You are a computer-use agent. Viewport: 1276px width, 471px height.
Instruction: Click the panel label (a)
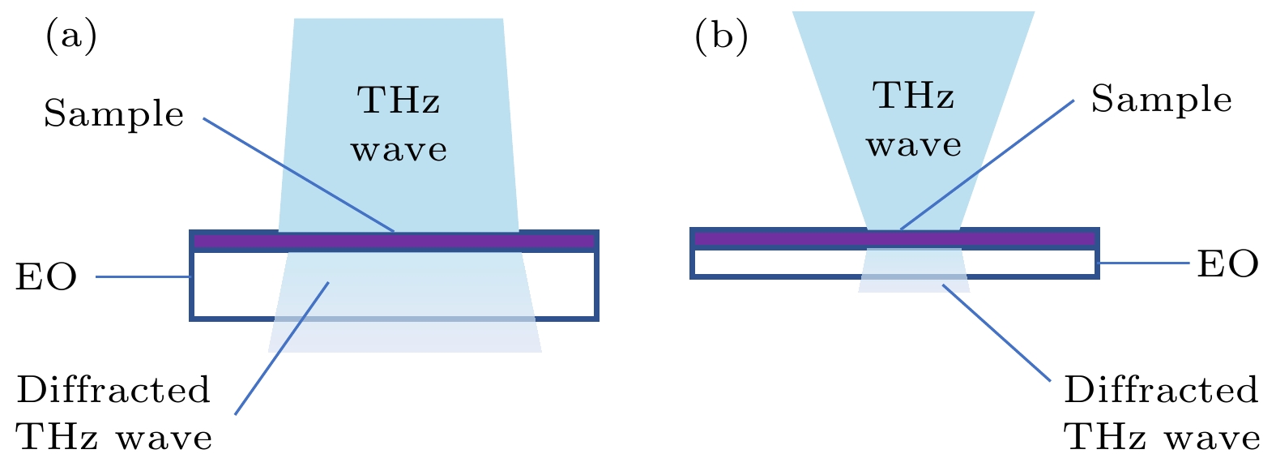coord(71,38)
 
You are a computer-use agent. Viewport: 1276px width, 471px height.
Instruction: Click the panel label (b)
coord(721,38)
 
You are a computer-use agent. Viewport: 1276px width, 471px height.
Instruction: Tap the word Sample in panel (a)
coord(114,114)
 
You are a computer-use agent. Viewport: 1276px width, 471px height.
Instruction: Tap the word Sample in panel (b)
coord(1161,100)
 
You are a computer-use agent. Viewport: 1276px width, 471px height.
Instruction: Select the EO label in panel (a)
coord(46,278)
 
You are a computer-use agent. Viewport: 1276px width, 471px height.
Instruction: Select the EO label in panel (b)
coord(1228,264)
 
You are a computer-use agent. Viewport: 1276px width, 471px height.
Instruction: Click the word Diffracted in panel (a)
coord(113,390)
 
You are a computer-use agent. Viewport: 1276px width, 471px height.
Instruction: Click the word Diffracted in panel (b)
coord(1161,390)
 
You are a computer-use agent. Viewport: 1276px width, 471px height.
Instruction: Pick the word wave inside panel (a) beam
coord(399,150)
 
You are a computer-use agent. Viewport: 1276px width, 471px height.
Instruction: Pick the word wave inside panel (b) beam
coord(913,145)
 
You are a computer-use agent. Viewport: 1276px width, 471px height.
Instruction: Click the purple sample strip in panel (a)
coord(395,242)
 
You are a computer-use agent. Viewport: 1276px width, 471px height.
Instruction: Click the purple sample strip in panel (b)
coord(894,239)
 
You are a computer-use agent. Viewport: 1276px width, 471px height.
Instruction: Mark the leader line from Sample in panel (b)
coord(987,165)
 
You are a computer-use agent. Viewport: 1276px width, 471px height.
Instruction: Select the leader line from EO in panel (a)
coord(143,277)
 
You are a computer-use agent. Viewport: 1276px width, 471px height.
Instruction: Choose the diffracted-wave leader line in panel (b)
coord(996,332)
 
